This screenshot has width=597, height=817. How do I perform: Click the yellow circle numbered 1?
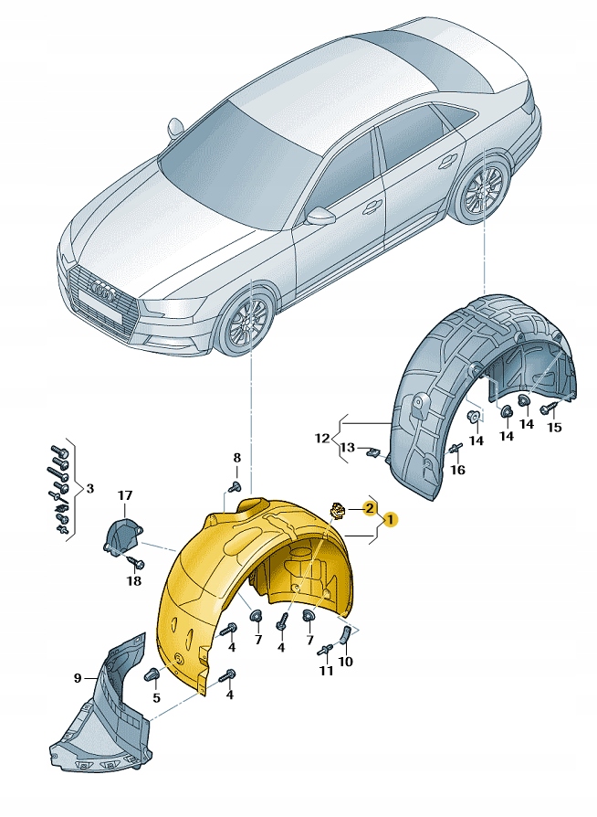click(390, 519)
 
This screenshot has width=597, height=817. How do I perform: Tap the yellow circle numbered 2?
click(369, 507)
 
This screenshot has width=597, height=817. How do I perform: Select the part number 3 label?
click(89, 489)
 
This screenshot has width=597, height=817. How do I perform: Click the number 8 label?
click(236, 458)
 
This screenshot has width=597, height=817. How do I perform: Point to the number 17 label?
click(124, 495)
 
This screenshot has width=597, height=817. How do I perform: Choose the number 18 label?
click(134, 581)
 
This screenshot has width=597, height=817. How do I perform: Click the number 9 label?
click(79, 677)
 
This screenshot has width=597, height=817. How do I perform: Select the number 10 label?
click(344, 661)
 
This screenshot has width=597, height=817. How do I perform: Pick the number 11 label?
click(327, 672)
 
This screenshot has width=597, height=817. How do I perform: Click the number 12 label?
click(321, 438)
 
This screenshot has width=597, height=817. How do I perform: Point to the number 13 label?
click(348, 447)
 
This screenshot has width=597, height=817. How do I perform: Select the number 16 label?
click(458, 470)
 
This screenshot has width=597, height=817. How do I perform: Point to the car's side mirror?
click(320, 216)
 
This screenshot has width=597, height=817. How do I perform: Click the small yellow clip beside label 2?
click(338, 509)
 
